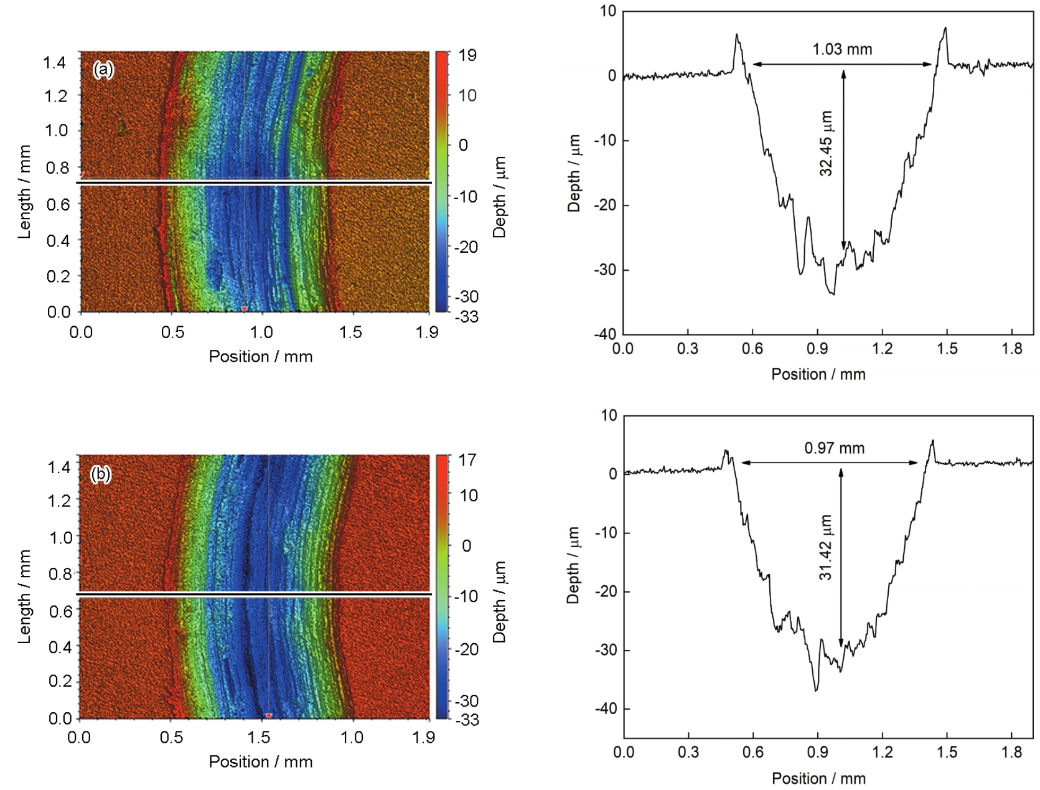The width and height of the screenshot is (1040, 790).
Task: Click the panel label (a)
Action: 103,69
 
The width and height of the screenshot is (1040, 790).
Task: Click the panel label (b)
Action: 101,474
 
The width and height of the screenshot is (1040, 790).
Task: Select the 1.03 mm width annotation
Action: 842,50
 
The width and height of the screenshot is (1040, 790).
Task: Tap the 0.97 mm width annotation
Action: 834,448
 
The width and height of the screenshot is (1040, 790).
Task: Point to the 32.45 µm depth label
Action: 826,144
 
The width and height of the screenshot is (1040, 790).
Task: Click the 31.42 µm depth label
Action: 825,548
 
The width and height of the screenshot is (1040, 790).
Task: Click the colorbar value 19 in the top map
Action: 467,56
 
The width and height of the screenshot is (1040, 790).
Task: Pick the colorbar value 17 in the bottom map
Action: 467,461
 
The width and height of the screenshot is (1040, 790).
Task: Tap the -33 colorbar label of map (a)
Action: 467,317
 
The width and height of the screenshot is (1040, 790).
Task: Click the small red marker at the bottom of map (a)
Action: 244,309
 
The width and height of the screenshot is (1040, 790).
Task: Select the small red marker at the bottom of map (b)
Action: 269,715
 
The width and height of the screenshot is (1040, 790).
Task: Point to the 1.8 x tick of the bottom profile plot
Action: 1012,753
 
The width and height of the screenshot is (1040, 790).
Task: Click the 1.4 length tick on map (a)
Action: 55,62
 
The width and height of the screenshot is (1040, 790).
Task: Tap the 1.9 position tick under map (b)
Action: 424,738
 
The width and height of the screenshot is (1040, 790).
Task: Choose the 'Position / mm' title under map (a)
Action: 260,357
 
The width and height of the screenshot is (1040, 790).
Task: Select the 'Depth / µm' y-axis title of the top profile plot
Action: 574,173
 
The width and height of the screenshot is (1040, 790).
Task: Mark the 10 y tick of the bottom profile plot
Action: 609,415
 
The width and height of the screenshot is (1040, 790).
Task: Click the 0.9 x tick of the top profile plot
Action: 817,349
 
